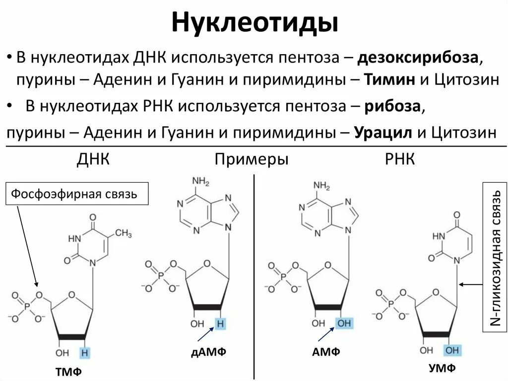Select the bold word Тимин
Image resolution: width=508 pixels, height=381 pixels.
390,79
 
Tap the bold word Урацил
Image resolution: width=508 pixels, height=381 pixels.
382,133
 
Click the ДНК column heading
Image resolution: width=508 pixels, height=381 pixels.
93,159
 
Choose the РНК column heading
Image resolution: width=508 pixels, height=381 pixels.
400,159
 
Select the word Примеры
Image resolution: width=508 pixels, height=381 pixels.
252,159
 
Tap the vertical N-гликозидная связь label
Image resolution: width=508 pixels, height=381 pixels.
494,258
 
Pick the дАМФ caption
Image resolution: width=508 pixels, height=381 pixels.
208,352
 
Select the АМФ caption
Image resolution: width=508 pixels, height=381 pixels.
326,352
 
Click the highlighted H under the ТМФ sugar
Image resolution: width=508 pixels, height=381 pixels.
86,352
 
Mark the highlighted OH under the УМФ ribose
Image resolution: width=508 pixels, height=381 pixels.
452,350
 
